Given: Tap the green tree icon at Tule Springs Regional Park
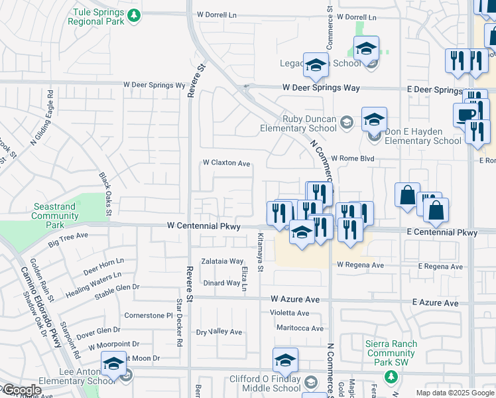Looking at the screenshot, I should pos(135,15).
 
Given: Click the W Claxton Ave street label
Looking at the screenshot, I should pos(226,163).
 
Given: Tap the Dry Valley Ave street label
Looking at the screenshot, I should pos(219,332).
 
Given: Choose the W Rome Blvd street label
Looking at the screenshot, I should pos(353,159).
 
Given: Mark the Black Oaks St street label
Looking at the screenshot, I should pos(104,194).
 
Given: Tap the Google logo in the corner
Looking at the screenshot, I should pos(21,390).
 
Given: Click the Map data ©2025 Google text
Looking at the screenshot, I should pos(454,393).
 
